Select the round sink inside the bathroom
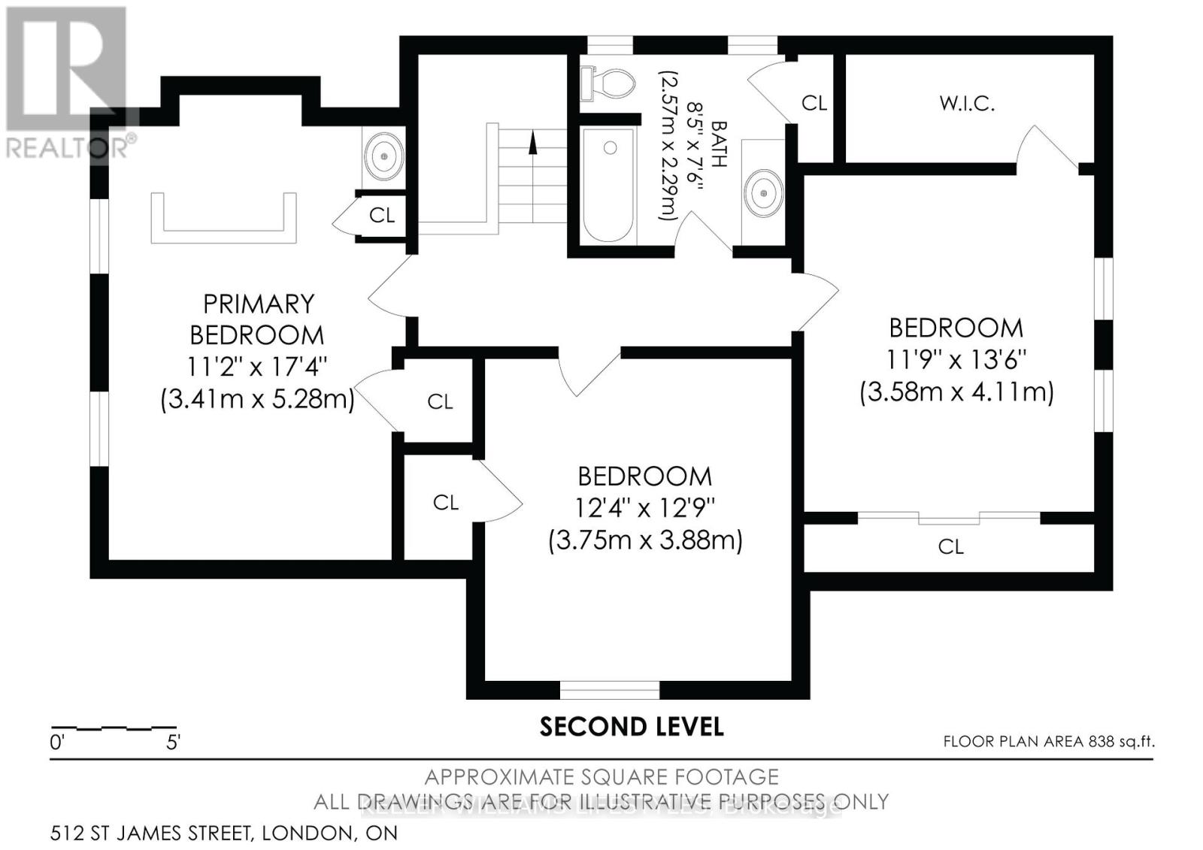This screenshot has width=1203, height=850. click(763, 193)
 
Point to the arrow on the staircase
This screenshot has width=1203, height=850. click(533, 142)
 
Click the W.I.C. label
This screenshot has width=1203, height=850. click(967, 104)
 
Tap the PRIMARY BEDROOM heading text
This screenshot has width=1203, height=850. click(257, 319)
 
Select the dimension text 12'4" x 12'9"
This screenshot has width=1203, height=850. click(644, 508)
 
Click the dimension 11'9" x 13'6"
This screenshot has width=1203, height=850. click(956, 360)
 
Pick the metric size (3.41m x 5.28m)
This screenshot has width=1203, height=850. click(257, 399)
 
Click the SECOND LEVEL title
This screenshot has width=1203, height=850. click(632, 727)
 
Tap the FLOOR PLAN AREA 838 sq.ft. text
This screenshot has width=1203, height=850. click(1048, 742)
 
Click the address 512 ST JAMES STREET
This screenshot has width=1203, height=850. click(224, 833)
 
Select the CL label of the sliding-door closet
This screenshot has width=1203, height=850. click(950, 546)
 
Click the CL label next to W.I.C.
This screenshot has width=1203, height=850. click(814, 103)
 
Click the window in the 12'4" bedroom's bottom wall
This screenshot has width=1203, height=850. click(610, 689)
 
